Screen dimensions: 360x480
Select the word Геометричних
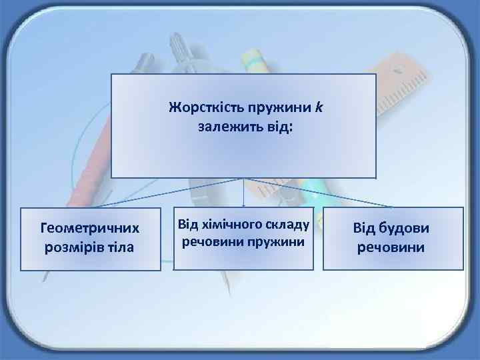[x=91, y=229]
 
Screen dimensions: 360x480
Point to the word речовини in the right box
[x=392, y=247]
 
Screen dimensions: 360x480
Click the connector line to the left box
[x=167, y=193]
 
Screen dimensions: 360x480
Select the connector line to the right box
[x=320, y=193]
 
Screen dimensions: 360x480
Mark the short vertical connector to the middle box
[x=244, y=193]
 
